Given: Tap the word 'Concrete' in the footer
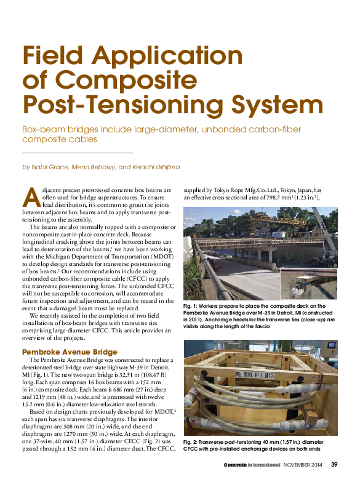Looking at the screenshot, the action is point(237,464).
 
